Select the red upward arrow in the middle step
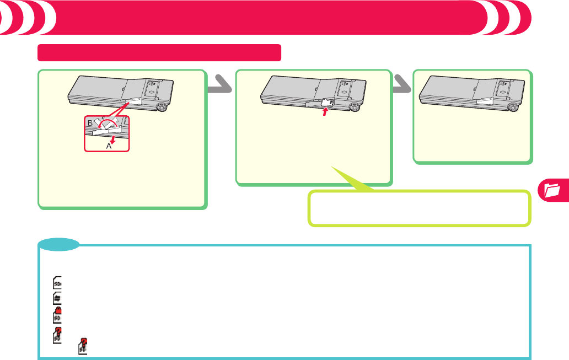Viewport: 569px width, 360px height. pyautogui.click(x=325, y=113)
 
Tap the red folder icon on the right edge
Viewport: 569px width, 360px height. pyautogui.click(x=552, y=191)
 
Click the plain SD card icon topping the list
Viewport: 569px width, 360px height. pyautogui.click(x=57, y=283)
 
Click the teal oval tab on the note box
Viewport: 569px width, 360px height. pyautogui.click(x=58, y=244)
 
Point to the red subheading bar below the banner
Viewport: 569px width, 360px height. pyautogui.click(x=159, y=53)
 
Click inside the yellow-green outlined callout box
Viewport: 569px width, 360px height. pyautogui.click(x=419, y=209)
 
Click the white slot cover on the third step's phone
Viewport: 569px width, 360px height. pyautogui.click(x=484, y=100)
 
